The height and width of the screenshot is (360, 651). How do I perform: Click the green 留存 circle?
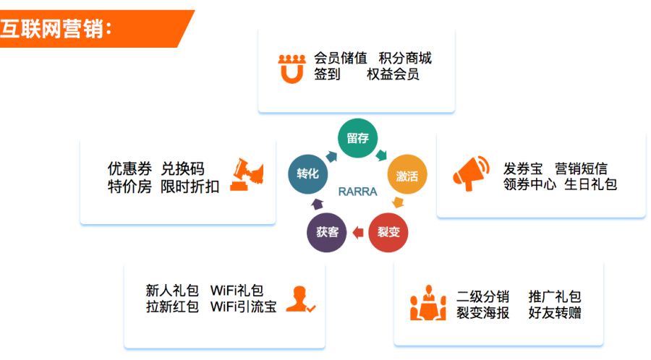point(357,138)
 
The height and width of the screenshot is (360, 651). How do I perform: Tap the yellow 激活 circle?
point(407,175)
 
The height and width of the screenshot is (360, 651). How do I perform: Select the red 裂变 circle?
point(388,232)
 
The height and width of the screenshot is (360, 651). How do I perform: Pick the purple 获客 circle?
point(327,232)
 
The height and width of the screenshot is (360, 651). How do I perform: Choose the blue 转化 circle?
point(307,174)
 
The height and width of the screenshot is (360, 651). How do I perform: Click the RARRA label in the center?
point(357,192)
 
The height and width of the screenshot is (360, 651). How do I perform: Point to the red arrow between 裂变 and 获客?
point(357,233)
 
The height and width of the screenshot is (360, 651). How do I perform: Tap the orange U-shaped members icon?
point(292,69)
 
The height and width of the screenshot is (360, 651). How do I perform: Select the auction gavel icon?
point(247,175)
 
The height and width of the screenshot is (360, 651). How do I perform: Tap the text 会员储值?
point(341,58)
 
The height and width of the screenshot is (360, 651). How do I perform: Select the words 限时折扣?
point(190,187)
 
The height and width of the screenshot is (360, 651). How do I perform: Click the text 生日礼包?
point(591,184)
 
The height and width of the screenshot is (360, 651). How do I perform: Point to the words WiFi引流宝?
point(243,307)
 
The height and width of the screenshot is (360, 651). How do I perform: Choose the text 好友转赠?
point(555,313)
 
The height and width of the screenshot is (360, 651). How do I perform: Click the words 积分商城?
point(405,58)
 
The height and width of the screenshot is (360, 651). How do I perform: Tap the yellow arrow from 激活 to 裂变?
point(398,202)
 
